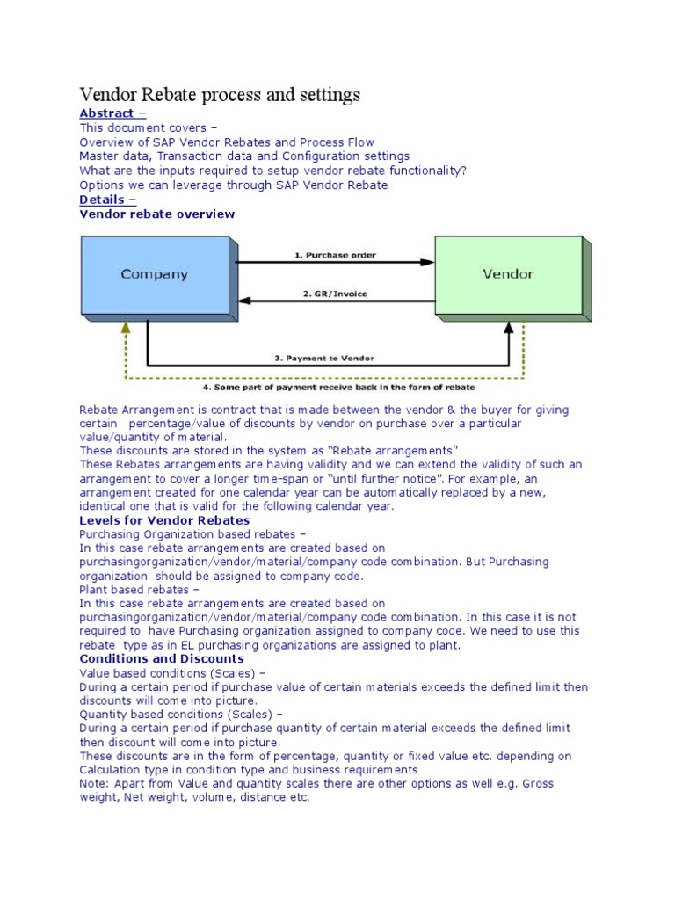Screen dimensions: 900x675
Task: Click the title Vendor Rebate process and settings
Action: click(220, 93)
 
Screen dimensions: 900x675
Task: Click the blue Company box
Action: click(154, 273)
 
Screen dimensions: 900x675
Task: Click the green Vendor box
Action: click(508, 273)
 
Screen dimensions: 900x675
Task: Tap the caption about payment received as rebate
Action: click(327, 387)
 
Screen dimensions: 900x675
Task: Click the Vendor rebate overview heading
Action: click(157, 214)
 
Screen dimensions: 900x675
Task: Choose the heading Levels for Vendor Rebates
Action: click(164, 520)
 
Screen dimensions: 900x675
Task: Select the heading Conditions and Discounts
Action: click(162, 658)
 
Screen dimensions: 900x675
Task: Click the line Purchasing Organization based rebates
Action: click(192, 533)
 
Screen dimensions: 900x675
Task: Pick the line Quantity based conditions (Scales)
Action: click(181, 715)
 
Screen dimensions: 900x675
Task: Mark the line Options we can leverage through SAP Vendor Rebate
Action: click(233, 185)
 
